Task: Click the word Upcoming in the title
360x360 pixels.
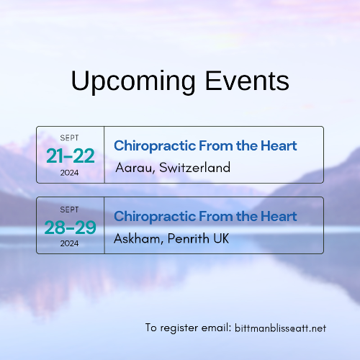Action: [x=121, y=81]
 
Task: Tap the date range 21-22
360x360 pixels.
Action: [x=70, y=156]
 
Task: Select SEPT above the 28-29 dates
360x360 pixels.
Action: [x=70, y=209]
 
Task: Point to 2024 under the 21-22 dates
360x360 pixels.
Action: [x=70, y=173]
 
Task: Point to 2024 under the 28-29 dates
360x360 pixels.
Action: [x=70, y=243]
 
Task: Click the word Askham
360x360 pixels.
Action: [x=136, y=238]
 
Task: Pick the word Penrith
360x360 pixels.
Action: [x=186, y=238]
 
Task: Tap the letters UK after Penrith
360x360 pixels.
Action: [x=220, y=238]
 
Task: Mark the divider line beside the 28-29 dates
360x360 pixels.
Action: [x=104, y=225]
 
